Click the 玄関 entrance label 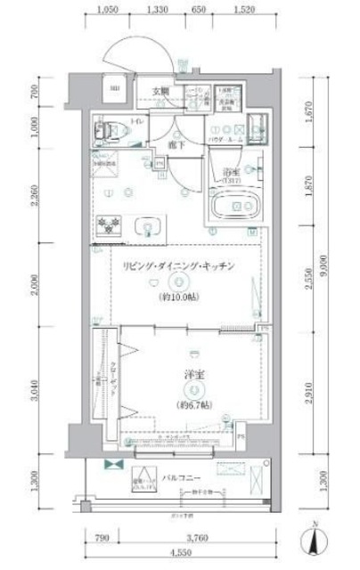[160, 91]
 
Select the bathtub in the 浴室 [235, 208]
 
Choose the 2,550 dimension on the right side [307, 282]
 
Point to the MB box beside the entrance [114, 88]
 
